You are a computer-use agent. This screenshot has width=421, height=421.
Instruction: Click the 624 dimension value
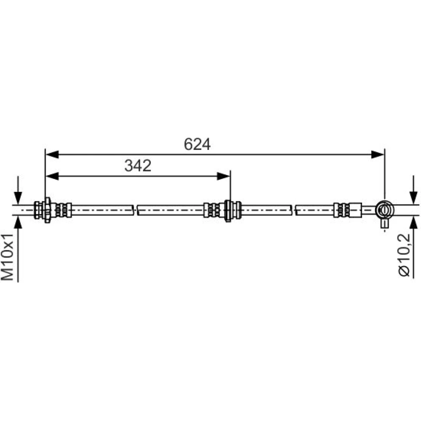pyautogui.click(x=197, y=144)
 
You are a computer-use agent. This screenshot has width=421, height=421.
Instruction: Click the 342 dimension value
pyautogui.click(x=138, y=165)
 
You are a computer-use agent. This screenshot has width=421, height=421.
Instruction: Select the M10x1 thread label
pyautogui.click(x=7, y=257)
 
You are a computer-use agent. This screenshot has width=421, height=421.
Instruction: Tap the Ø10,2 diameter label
pyautogui.click(x=404, y=255)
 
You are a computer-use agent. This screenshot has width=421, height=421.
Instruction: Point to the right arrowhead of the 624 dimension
pyautogui.click(x=378, y=155)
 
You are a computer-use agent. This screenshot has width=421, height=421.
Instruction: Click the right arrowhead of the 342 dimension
pyautogui.click(x=224, y=176)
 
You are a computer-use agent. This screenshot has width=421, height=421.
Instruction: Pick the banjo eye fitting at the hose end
pyautogui.click(x=384, y=209)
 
